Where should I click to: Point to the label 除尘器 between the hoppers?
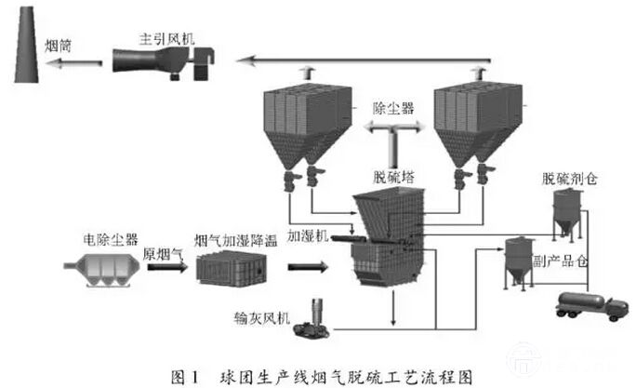click(392, 109)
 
